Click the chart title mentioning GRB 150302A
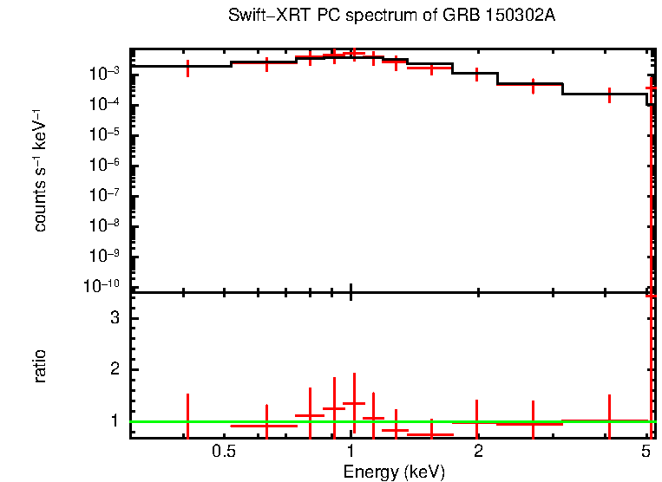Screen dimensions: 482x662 (x=391, y=16)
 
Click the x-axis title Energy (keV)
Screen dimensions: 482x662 (x=394, y=472)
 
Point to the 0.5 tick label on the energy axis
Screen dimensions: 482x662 (x=224, y=452)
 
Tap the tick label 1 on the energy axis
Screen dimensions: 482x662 (x=351, y=452)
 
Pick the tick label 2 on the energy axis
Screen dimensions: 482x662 (x=478, y=452)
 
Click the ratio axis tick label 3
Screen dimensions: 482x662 (x=114, y=318)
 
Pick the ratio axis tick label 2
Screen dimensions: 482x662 (x=114, y=369)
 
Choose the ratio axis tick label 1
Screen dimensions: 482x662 (x=114, y=420)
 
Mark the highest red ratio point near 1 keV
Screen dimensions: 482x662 (x=354, y=403)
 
